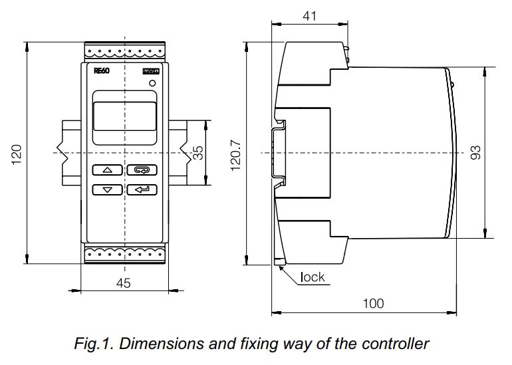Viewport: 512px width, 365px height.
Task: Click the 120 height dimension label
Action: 17,152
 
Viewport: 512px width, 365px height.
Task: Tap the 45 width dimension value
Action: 124,283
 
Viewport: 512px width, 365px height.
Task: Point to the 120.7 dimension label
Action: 235,154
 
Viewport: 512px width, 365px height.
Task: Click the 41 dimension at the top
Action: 309,15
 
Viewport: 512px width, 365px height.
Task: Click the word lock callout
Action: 313,277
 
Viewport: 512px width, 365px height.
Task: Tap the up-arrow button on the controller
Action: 107,170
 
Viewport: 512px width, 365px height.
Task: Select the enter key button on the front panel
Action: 142,189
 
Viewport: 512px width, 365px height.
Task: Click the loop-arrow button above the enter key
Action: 142,170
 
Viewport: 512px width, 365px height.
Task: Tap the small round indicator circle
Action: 153,84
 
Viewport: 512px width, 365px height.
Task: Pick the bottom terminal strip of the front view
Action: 124,253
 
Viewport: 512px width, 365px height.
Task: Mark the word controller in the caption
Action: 396,344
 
